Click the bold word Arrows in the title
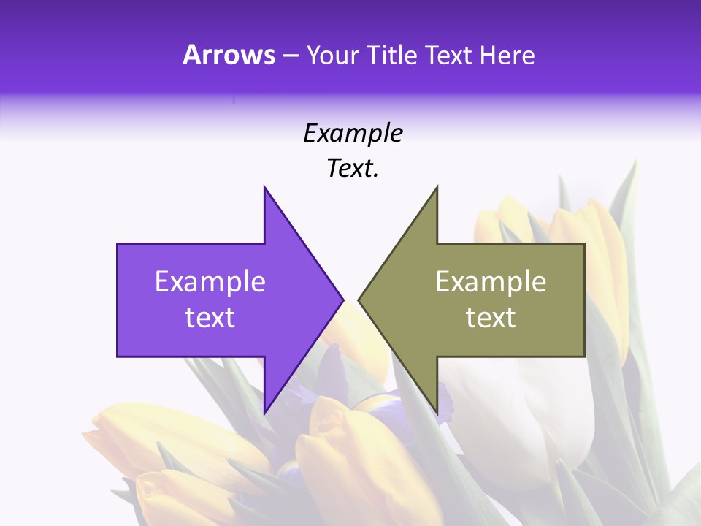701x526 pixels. (x=229, y=55)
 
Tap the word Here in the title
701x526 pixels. (x=507, y=55)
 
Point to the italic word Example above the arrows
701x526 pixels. (x=353, y=133)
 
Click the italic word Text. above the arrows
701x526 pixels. (x=353, y=169)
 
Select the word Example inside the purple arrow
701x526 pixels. (x=210, y=281)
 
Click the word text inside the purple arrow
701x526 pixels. (x=210, y=318)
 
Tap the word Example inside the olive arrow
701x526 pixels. (x=491, y=281)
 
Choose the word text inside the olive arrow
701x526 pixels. (x=491, y=318)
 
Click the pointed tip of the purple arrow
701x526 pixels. (x=342, y=300)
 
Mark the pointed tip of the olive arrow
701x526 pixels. (x=359, y=300)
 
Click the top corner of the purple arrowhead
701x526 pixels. (x=264, y=187)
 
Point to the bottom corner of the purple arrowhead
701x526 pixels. (x=264, y=413)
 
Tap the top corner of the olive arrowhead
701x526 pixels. (x=437, y=187)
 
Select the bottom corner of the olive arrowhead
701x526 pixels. (x=437, y=413)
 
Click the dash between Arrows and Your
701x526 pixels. (x=291, y=56)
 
